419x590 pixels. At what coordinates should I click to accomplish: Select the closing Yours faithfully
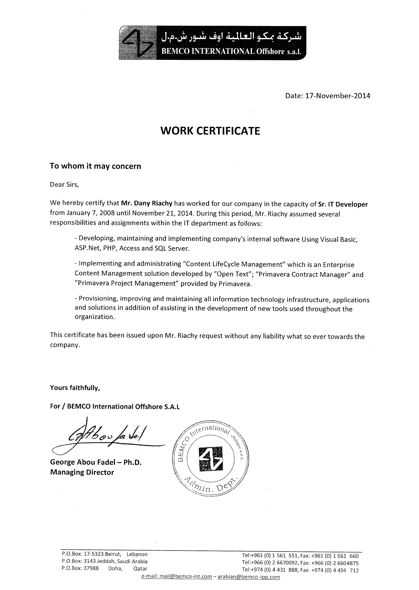(75, 388)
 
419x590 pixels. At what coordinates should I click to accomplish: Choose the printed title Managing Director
(82, 472)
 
